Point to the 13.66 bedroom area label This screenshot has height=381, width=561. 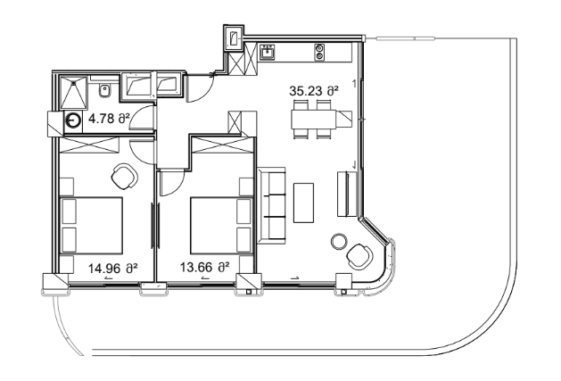(205, 266)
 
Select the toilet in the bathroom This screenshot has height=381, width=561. (105, 88)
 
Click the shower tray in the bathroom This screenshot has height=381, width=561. (72, 88)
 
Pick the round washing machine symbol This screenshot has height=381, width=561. (72, 124)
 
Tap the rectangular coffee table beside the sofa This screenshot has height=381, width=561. (304, 203)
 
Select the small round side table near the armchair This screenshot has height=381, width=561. (338, 240)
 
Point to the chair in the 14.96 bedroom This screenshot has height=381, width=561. (122, 174)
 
